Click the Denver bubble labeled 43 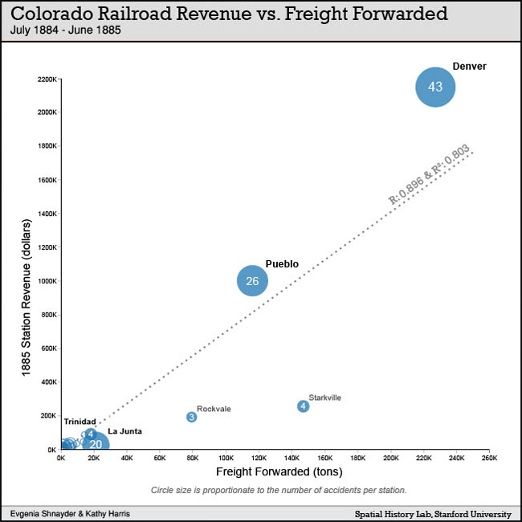pyautogui.click(x=435, y=87)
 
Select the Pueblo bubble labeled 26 pyautogui.click(x=252, y=280)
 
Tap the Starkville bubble pyautogui.click(x=303, y=406)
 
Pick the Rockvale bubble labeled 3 pyautogui.click(x=192, y=417)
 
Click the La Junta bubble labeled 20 pyautogui.click(x=96, y=444)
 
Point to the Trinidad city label pyautogui.click(x=80, y=422)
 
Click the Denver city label pyautogui.click(x=470, y=67)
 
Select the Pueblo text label pyautogui.click(x=282, y=263)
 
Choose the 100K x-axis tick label pyautogui.click(x=226, y=459)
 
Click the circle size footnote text pyautogui.click(x=278, y=490)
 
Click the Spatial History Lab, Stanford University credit pyautogui.click(x=433, y=512)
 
